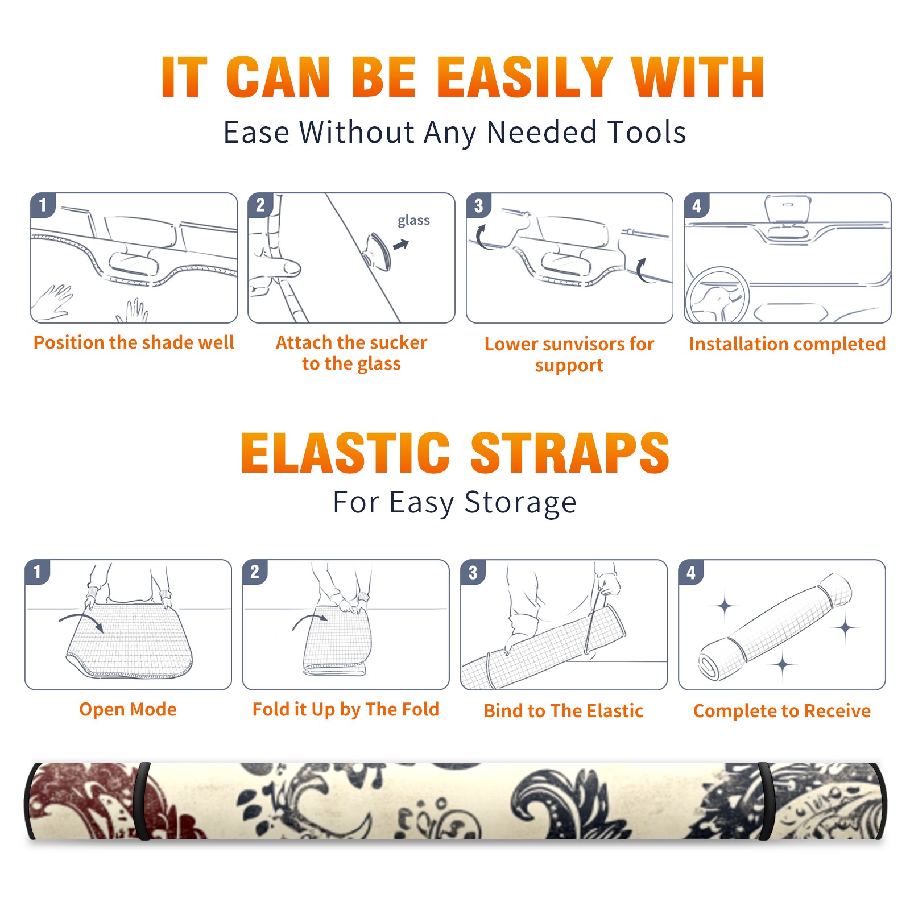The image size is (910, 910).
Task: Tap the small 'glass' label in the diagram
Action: pyautogui.click(x=413, y=221)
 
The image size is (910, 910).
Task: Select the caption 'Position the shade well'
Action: pyautogui.click(x=134, y=342)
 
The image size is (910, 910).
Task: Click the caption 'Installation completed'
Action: pyautogui.click(x=787, y=344)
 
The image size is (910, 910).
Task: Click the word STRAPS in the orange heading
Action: pyautogui.click(x=570, y=453)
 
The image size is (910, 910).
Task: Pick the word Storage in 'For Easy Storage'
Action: pyautogui.click(x=520, y=503)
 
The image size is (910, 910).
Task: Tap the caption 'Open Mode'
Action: pyautogui.click(x=128, y=709)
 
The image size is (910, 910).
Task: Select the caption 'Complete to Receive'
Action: pyautogui.click(x=782, y=711)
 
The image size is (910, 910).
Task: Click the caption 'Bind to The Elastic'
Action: pyautogui.click(x=564, y=711)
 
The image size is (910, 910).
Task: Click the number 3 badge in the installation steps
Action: pyautogui.click(x=479, y=206)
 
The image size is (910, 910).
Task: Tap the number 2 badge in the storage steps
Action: pyautogui.click(x=255, y=572)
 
